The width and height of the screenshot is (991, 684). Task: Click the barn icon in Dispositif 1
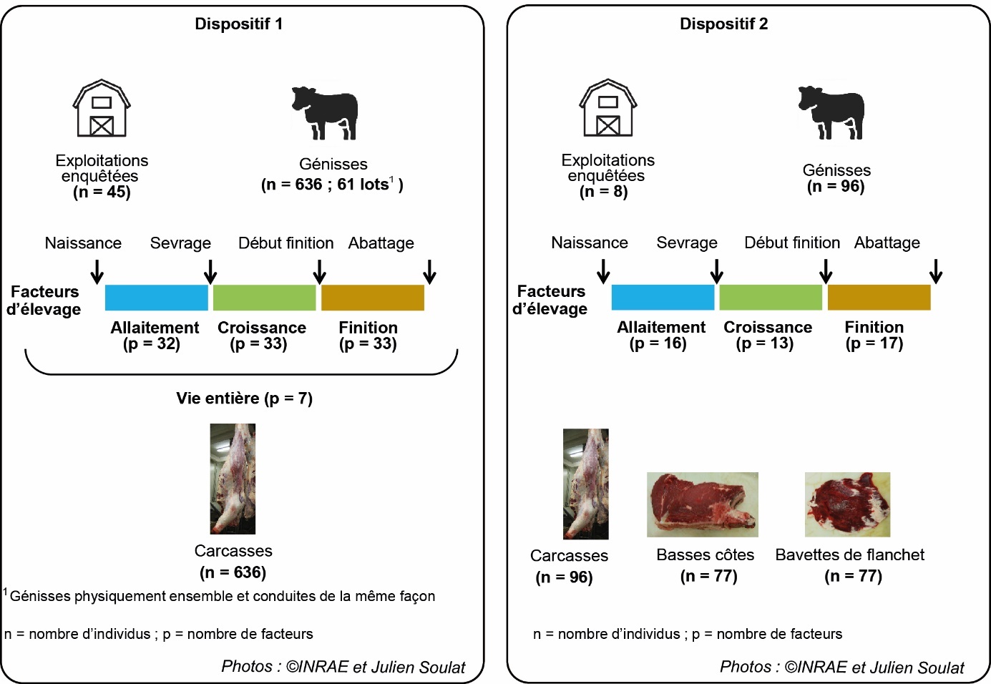102,108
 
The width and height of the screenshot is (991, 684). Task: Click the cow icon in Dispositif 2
831,112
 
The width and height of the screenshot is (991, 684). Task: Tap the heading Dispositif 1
239,24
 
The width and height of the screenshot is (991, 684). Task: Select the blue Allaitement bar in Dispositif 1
156,298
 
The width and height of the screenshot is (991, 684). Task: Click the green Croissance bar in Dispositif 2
771,298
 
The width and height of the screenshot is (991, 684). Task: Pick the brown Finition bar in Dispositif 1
373,298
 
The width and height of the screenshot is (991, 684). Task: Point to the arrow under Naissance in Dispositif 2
603,271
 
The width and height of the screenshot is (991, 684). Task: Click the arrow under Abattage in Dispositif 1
429,272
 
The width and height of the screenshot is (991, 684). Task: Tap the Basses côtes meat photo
702,504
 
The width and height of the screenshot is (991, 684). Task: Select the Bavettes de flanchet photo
847,504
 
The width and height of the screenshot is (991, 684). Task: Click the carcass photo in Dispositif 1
233,479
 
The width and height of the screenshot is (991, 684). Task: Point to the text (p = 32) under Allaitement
152,344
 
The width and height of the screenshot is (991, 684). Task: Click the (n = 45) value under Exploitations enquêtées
102,192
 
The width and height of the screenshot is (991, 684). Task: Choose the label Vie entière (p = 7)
245,399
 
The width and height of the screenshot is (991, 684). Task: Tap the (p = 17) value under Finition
874,343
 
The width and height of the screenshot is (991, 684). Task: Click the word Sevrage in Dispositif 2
687,243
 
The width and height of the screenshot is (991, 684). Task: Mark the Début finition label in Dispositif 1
285,243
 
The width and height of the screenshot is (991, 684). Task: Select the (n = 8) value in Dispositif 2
603,191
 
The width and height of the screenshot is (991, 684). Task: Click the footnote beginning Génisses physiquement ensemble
222,596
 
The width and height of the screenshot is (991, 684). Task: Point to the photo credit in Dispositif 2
841,667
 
